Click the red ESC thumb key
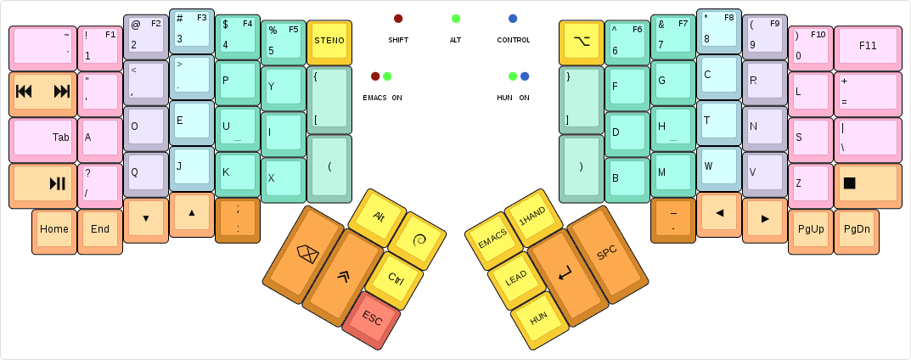coord(372,318)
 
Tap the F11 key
coord(867,46)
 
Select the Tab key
coord(42,138)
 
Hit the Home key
coord(54,228)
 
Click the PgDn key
coord(857,228)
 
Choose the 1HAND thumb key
coord(532,217)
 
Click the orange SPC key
coord(606,252)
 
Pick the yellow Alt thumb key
coord(379,216)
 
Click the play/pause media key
coord(42,183)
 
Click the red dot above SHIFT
coord(398,19)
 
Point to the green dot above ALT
coord(456,19)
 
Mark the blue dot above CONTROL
coord(513,19)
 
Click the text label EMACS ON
coord(382,98)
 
